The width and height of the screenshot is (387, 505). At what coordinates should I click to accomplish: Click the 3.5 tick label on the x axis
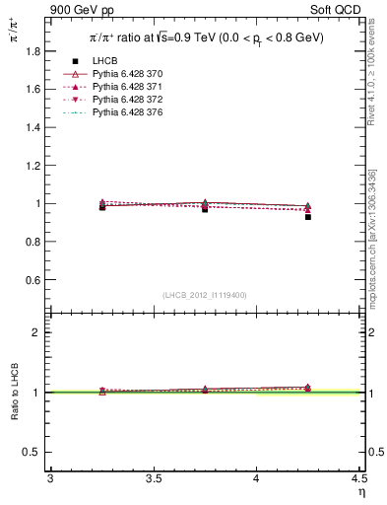click(153, 478)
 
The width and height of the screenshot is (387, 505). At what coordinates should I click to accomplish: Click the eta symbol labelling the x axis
click(360, 492)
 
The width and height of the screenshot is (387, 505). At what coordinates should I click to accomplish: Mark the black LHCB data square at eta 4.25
click(308, 217)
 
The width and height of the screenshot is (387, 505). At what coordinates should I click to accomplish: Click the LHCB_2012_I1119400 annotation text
click(204, 295)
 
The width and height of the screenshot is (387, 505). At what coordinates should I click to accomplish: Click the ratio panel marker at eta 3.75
click(205, 390)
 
